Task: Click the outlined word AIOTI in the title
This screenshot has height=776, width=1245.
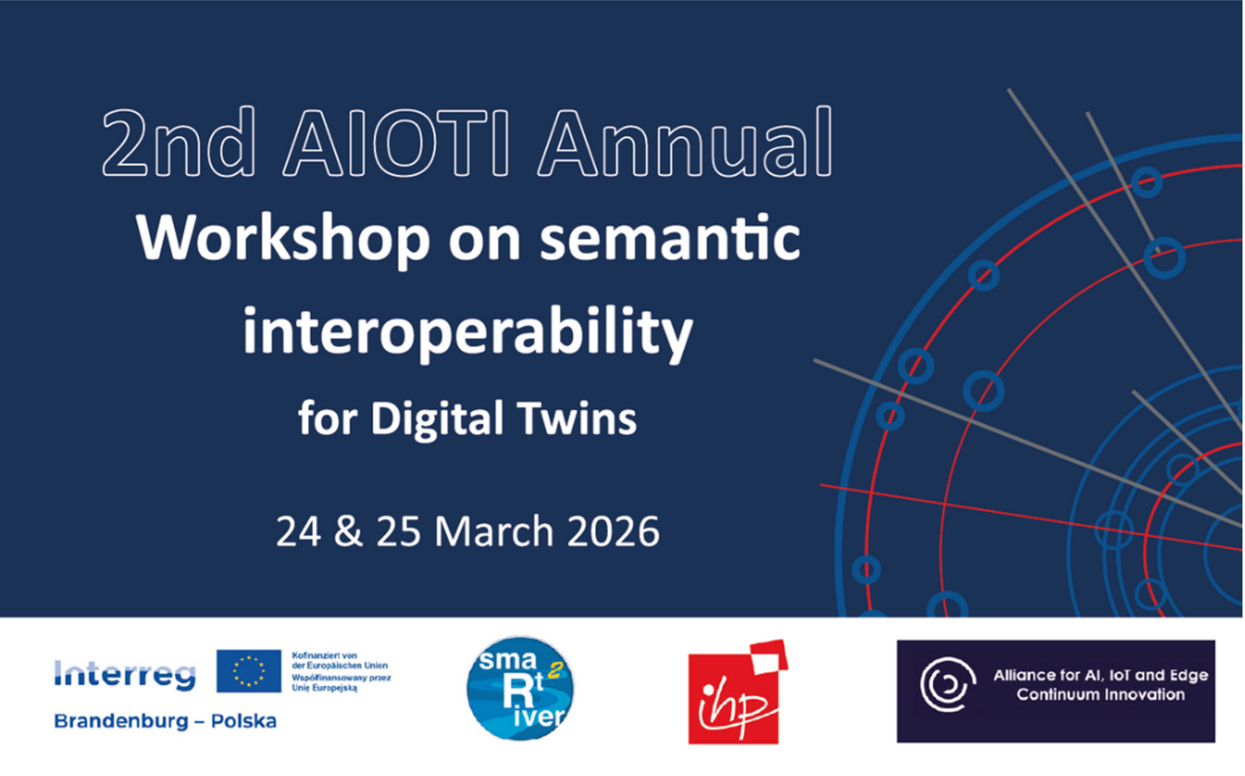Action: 397,143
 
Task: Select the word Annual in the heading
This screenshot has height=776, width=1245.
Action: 685,141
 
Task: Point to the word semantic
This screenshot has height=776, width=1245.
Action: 670,239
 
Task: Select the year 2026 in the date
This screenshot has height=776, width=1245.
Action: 613,531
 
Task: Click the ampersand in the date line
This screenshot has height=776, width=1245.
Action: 348,531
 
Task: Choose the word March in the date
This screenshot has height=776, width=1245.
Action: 494,531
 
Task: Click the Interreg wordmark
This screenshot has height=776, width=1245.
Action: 125,675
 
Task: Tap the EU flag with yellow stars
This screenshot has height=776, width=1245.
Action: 249,671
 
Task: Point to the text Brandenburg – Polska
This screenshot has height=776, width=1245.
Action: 165,721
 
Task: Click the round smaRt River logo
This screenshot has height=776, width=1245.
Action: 520,688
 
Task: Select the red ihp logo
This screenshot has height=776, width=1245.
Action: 738,692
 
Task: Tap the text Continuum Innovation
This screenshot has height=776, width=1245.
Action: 1100,695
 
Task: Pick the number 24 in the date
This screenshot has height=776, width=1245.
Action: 299,531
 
